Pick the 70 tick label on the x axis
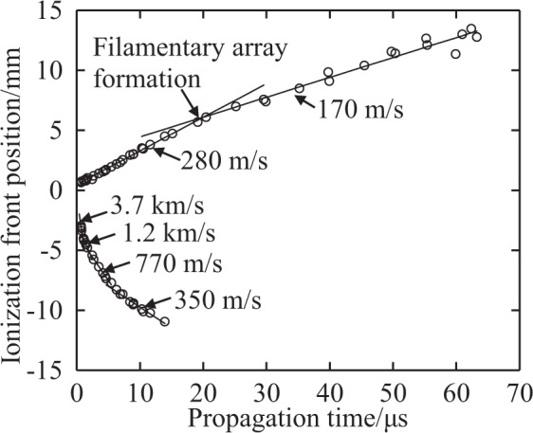519,390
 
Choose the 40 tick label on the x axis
329,390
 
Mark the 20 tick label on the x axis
203,390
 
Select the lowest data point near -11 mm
165,322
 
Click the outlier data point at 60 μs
455,54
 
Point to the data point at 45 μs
364,65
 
